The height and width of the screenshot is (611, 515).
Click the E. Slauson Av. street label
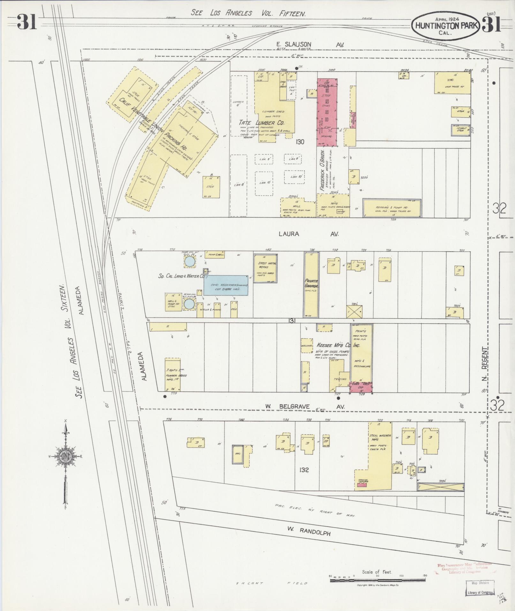pos(310,45)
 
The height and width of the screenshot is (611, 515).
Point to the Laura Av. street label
pos(308,234)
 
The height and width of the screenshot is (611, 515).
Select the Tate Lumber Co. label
pos(262,123)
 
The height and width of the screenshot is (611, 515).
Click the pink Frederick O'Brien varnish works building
pos(327,112)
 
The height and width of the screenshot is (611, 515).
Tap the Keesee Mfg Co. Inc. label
pos(338,345)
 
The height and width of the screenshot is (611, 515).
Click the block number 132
pos(304,470)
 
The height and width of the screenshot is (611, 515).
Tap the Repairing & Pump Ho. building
pos(392,208)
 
